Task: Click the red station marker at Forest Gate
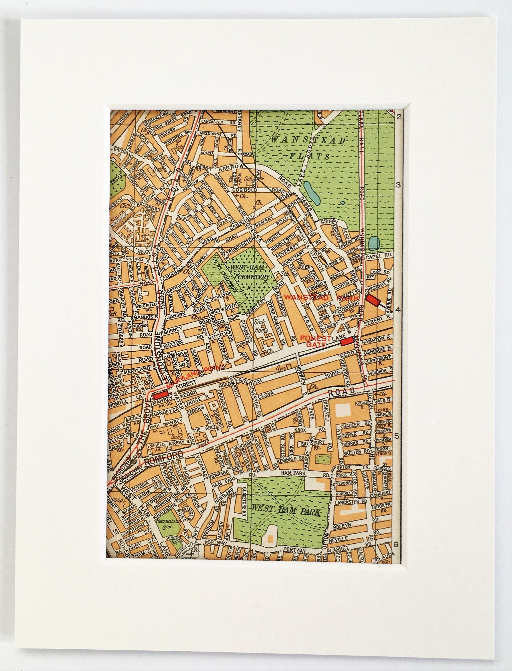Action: click(x=347, y=341)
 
